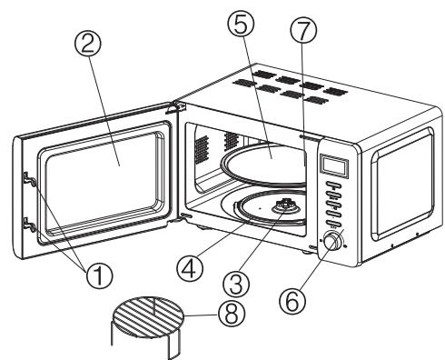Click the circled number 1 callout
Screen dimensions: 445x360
[x=99, y=275]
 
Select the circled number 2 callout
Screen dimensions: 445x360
[x=88, y=43]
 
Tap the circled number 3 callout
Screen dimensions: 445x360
[x=236, y=285]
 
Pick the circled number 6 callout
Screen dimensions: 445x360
[x=292, y=300]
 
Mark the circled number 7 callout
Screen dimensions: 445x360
[x=303, y=31]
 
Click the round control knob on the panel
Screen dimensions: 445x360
[x=333, y=241]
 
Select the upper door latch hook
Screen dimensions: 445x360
[x=30, y=179]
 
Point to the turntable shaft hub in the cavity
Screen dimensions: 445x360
[x=285, y=206]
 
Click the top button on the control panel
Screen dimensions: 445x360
[x=333, y=185]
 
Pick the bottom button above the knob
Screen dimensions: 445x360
[x=333, y=225]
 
